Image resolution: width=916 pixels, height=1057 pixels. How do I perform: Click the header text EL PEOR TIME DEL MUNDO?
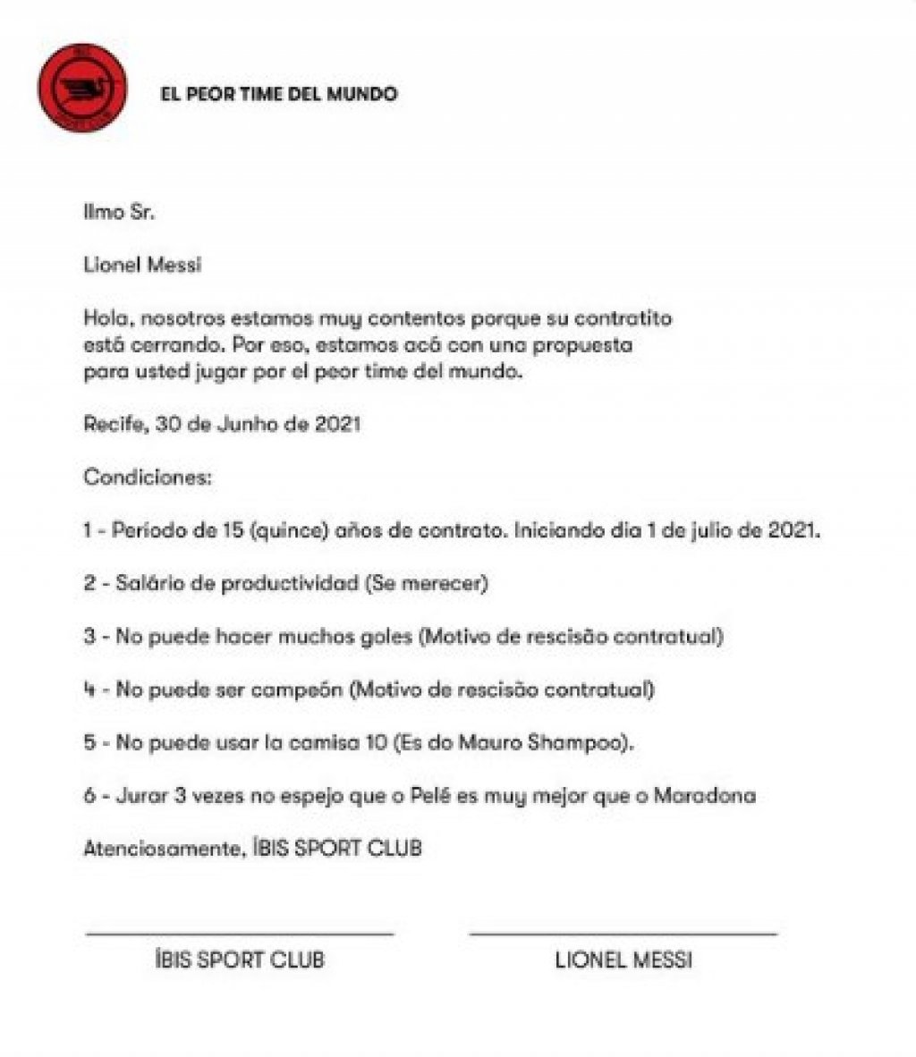pyautogui.click(x=277, y=94)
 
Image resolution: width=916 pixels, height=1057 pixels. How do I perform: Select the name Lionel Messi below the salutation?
pyautogui.click(x=142, y=266)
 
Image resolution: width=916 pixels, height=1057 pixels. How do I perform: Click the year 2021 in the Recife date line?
pyautogui.click(x=337, y=424)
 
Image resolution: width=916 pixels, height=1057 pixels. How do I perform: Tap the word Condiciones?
pyautogui.click(x=148, y=477)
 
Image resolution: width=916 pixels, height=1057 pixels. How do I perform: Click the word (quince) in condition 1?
pyautogui.click(x=284, y=530)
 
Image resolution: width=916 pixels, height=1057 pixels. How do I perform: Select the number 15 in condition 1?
pyautogui.click(x=231, y=530)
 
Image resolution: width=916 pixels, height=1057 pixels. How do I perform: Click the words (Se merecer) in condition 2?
pyautogui.click(x=426, y=583)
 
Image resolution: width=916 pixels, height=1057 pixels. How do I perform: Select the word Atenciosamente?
pyautogui.click(x=162, y=848)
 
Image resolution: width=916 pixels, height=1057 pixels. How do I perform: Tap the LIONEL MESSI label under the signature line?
pyautogui.click(x=623, y=961)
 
